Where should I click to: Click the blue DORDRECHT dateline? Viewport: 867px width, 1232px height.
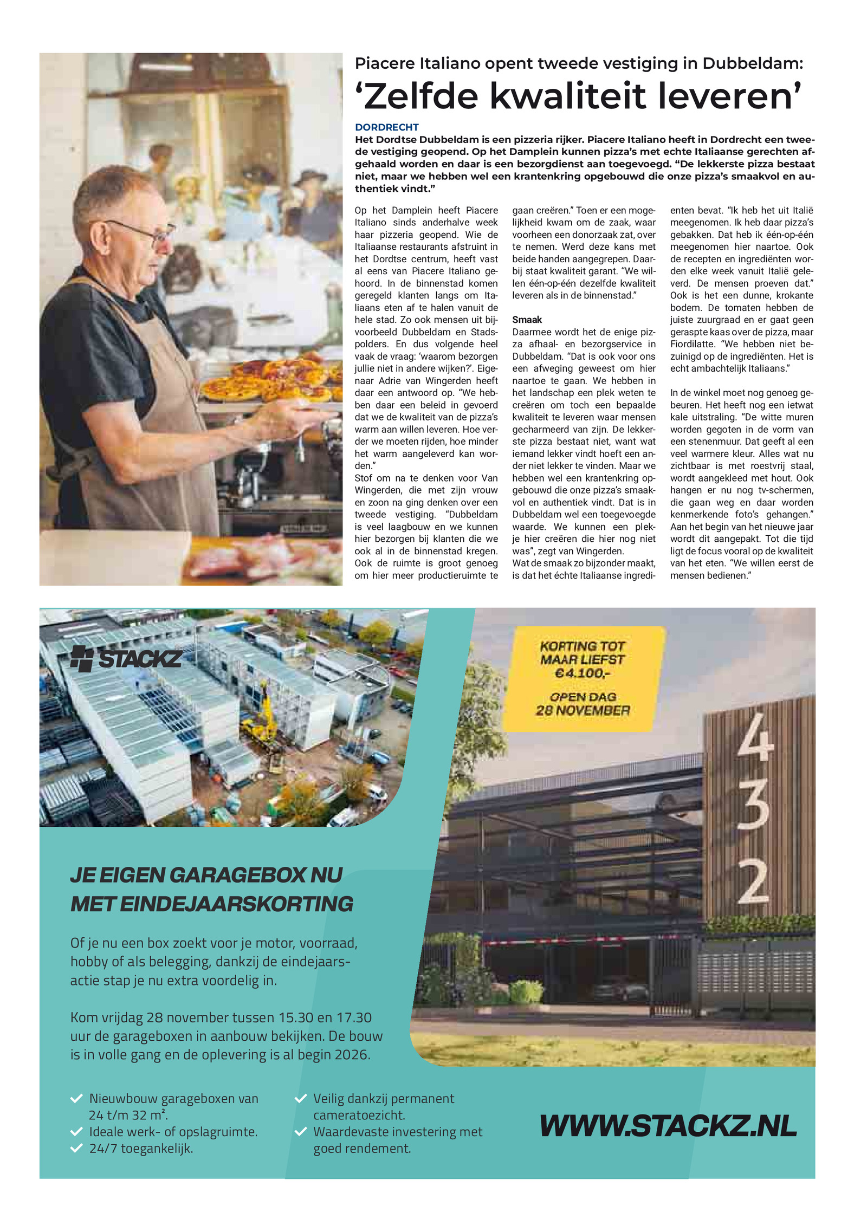(x=386, y=127)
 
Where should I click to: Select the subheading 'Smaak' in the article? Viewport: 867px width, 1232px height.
(x=527, y=320)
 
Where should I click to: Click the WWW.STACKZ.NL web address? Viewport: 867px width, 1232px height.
(x=668, y=1126)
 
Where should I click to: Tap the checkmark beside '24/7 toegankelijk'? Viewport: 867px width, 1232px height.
(x=76, y=1148)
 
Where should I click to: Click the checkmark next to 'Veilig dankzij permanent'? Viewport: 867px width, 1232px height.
(x=300, y=1099)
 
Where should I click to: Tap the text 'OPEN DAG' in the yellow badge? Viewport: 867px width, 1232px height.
(x=583, y=697)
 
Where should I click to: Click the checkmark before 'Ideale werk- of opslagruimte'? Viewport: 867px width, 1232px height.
(x=76, y=1132)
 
